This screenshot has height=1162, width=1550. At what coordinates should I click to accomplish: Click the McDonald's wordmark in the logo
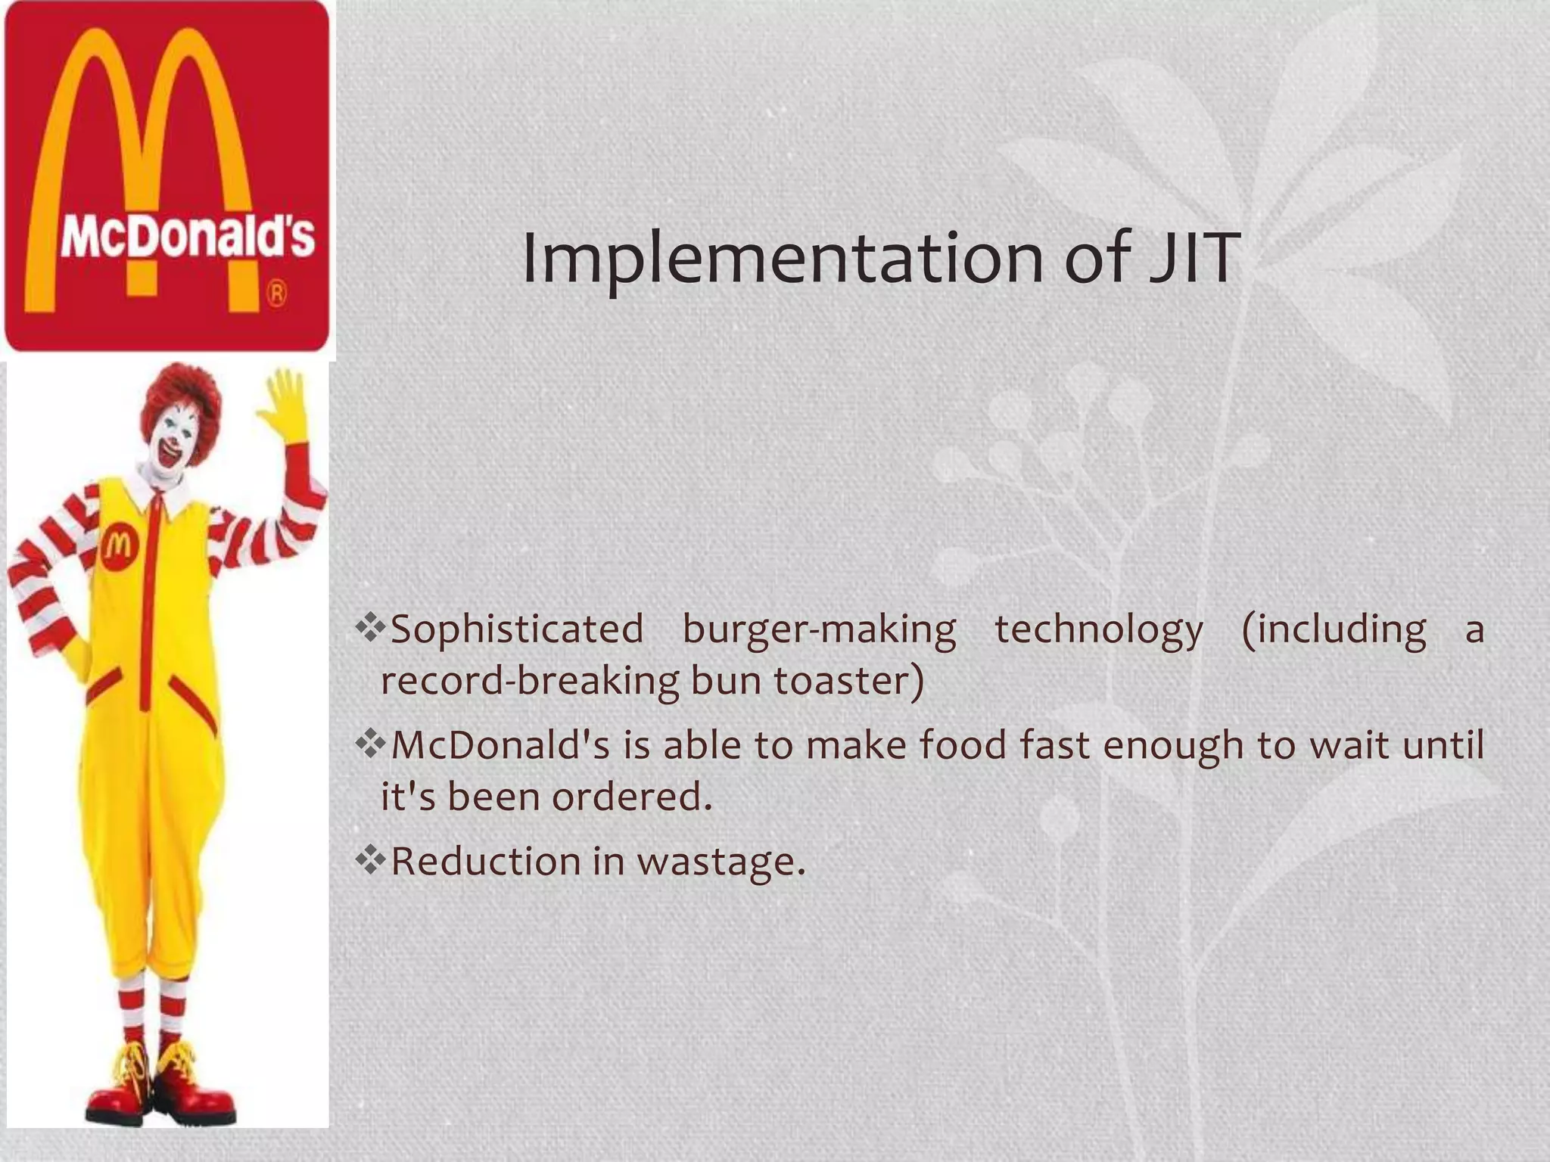(x=187, y=237)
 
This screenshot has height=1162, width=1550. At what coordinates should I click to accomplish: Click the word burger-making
(x=819, y=629)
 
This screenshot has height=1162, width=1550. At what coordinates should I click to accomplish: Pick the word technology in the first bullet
(x=1098, y=629)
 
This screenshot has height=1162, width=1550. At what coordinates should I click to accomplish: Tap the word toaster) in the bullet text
(x=848, y=680)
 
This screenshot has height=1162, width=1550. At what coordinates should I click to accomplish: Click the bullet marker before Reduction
(x=370, y=860)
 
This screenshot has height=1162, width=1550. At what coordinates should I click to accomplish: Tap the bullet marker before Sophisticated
(x=370, y=627)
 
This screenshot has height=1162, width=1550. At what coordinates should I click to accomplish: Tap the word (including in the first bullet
(x=1334, y=629)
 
